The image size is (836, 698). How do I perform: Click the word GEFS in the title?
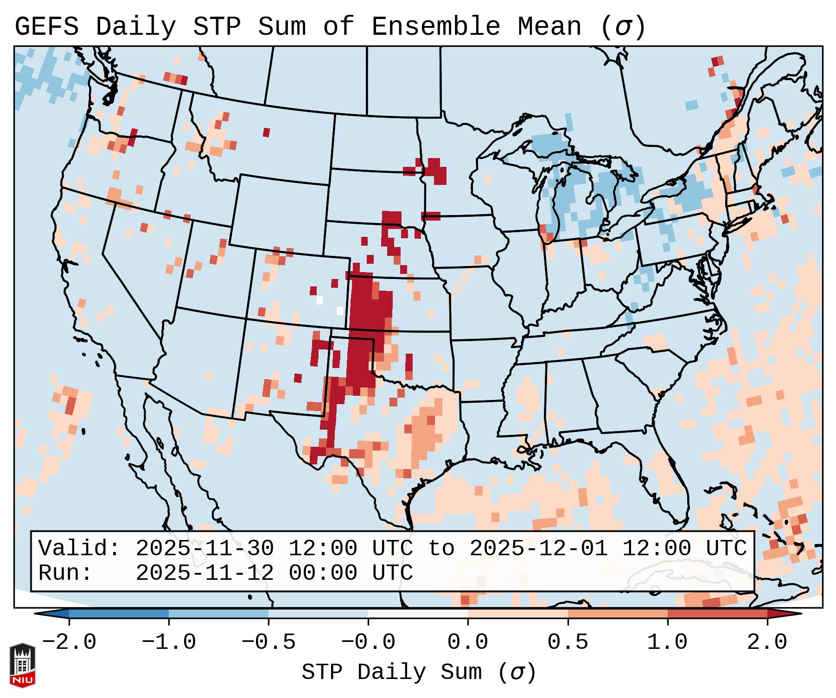point(46,27)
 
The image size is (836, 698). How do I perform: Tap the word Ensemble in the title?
point(435,27)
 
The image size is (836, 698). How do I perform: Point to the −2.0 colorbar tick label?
point(69,642)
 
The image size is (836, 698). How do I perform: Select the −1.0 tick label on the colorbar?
point(169,642)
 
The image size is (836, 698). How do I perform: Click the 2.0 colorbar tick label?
point(767,642)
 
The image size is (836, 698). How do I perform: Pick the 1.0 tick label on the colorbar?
point(667,642)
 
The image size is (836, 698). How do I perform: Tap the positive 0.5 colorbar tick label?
point(568,642)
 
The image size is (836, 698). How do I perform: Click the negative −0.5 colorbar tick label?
point(268,642)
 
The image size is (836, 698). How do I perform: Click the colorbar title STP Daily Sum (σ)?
point(419,673)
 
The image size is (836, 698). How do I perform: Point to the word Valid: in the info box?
point(79,548)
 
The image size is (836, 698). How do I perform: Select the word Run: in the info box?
point(65,573)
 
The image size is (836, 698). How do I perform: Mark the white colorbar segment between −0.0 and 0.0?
point(418,614)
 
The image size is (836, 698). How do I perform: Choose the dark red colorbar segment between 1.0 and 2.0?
point(717,614)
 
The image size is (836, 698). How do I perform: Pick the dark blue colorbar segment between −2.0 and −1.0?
point(119,614)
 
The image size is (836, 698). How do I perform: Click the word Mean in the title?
point(549,27)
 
